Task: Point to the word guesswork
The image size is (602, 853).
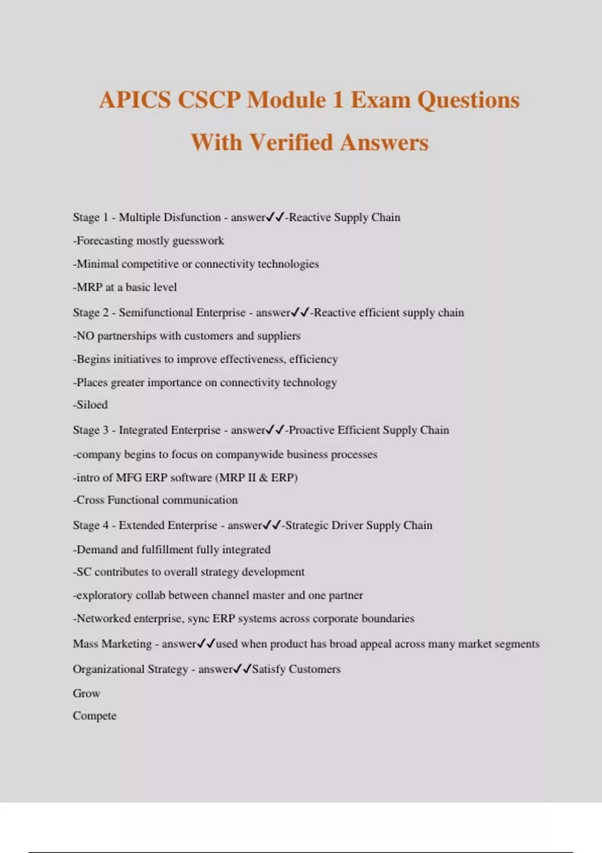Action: coord(198,241)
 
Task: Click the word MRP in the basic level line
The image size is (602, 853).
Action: coord(89,288)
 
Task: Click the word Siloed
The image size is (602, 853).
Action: coord(92,404)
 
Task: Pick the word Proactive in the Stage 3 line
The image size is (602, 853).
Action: coord(311,430)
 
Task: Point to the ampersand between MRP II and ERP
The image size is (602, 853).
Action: coord(263,478)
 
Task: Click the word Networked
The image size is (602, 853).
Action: coord(103,619)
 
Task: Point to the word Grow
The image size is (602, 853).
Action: coord(86,693)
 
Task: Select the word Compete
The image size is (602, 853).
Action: coord(94,716)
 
